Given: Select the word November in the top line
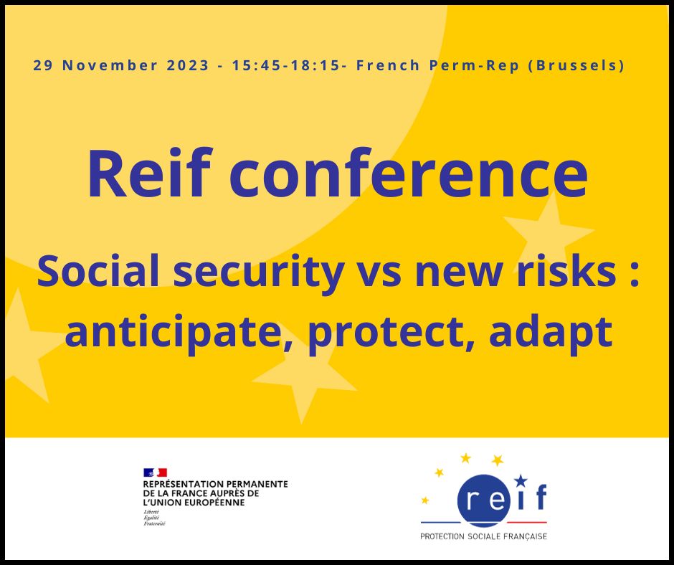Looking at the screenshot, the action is pyautogui.click(x=110, y=66).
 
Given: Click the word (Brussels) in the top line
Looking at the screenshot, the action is pyautogui.click(x=576, y=66).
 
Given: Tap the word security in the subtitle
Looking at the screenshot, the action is pyautogui.click(x=258, y=272).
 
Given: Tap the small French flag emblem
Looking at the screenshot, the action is pyautogui.click(x=155, y=473).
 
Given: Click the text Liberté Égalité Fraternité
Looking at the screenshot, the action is pyautogui.click(x=154, y=518).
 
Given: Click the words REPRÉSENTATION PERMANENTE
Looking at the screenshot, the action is pyautogui.click(x=215, y=484).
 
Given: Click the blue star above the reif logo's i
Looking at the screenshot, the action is pyautogui.click(x=521, y=480).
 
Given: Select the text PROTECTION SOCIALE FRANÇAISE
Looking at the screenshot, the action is pyautogui.click(x=483, y=536).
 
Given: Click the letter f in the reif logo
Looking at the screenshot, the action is pyautogui.click(x=541, y=497).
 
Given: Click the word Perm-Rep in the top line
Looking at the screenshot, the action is pyautogui.click(x=474, y=66).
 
